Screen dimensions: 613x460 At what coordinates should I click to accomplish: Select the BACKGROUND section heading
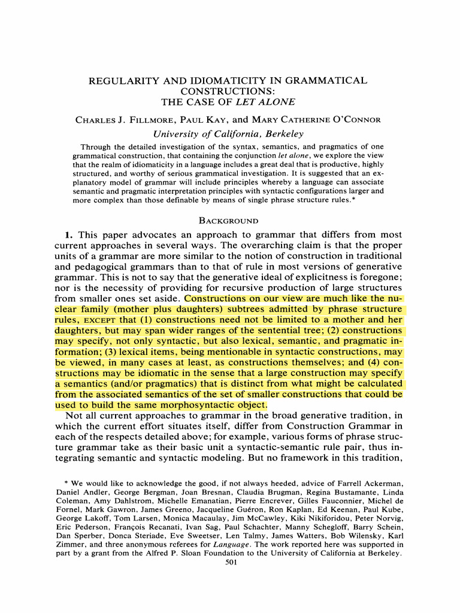230,221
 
